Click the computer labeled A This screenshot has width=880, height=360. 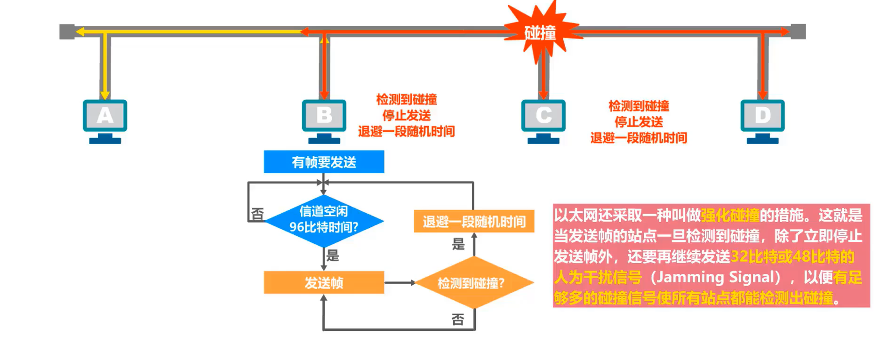(105, 120)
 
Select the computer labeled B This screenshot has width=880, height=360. (324, 120)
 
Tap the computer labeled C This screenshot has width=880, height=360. (543, 120)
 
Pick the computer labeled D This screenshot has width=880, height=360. (762, 120)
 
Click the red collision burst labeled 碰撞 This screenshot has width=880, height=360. (541, 32)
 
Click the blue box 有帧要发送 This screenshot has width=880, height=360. (324, 162)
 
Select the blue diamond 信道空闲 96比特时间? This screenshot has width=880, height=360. (324, 220)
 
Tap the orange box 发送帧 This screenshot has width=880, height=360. (324, 282)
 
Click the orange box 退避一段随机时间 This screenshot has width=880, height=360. (474, 221)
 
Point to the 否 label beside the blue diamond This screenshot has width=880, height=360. (257, 215)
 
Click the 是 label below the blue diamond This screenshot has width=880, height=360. (333, 256)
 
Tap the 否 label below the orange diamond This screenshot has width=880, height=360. (458, 320)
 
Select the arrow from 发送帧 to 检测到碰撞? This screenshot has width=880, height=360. (400, 283)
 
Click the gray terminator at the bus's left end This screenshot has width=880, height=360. (67, 32)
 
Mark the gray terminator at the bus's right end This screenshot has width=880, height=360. (798, 32)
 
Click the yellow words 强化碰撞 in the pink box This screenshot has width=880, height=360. (730, 216)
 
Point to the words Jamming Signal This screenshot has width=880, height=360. (715, 277)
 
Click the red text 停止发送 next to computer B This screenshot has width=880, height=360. (406, 115)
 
